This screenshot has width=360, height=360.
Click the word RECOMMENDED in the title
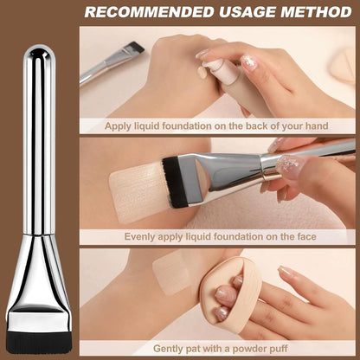[x=149, y=12]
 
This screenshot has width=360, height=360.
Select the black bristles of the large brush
[x=39, y=342]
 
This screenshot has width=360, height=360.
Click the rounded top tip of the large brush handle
[x=39, y=49]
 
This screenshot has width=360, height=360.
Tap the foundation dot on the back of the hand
[x=202, y=72]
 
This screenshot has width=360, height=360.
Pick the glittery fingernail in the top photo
[x=249, y=62]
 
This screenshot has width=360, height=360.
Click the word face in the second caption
[x=306, y=236]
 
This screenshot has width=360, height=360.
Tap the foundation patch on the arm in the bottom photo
[x=170, y=275]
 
